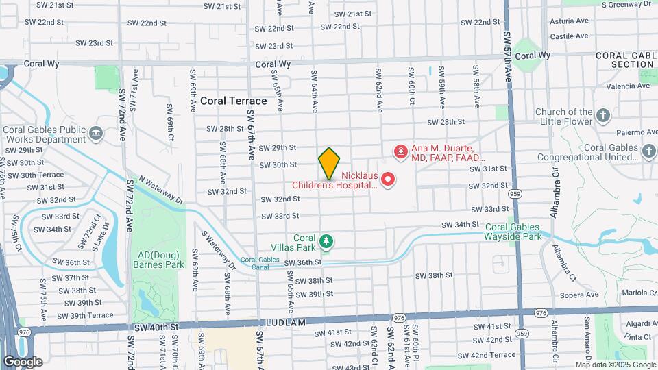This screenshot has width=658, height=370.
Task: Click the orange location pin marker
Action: [329, 163]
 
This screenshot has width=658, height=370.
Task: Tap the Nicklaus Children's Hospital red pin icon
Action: [388, 180]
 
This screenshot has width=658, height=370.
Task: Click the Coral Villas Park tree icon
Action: [327, 241]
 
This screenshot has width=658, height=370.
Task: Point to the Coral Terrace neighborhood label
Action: [233, 101]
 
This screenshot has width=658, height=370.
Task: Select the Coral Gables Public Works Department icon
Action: [95, 132]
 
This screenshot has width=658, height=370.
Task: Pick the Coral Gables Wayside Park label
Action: [513, 232]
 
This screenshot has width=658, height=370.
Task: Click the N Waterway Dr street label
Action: [161, 189]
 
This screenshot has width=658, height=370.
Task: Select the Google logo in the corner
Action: [23, 362]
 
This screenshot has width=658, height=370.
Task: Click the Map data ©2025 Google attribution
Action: [615, 365]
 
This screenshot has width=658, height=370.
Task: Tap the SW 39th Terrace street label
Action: [86, 315]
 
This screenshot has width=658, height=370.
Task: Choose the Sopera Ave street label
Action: [580, 295]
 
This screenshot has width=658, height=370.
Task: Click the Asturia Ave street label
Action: [570, 21]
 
